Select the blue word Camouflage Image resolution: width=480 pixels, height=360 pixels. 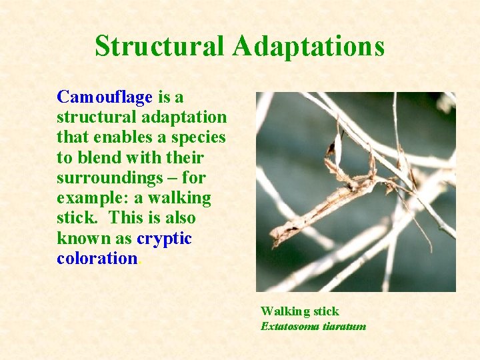[105, 97]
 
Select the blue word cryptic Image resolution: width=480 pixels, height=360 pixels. [164, 239]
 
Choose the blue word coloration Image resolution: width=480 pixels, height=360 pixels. [97, 259]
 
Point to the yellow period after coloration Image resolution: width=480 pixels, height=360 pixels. [139, 262]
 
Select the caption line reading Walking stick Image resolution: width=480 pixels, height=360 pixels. [299, 311]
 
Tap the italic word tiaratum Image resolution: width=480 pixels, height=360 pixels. [345, 326]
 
